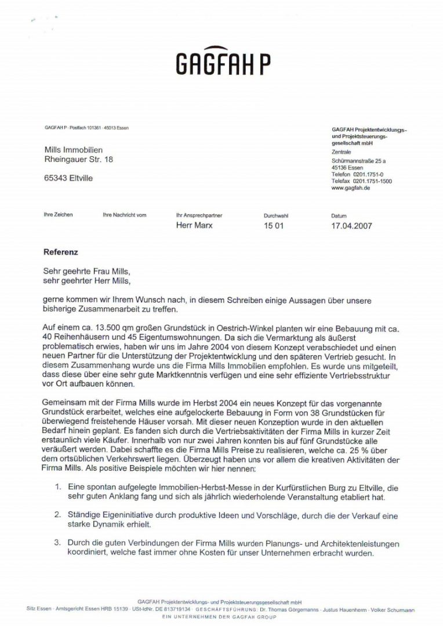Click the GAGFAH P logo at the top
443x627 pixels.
click(x=223, y=59)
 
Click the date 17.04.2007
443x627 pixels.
click(x=351, y=226)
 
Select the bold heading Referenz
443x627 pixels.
click(x=60, y=253)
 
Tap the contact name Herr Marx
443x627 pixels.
click(x=194, y=225)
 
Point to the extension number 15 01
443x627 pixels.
click(x=274, y=226)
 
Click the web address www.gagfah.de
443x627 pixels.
click(x=351, y=188)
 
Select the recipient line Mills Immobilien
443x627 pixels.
click(x=74, y=150)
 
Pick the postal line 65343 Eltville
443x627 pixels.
click(x=68, y=178)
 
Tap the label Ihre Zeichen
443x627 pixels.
click(x=59, y=215)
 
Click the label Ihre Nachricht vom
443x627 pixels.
click(x=125, y=215)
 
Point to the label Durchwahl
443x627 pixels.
click(x=276, y=215)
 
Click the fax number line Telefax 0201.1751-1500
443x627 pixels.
click(x=362, y=181)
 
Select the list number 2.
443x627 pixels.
click(x=58, y=515)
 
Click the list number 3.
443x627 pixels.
click(x=58, y=543)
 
